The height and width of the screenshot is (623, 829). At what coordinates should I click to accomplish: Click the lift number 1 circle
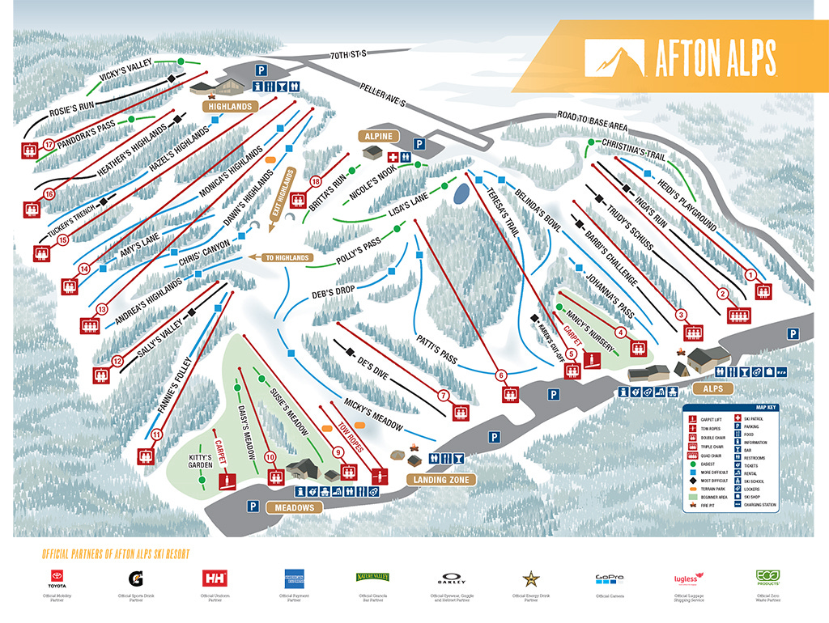pos(750,275)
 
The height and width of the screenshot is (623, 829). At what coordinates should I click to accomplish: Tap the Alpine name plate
pos(378,136)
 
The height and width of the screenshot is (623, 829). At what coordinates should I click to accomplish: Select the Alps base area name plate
pos(712,388)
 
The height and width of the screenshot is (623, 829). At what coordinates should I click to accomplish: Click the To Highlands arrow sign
pos(280,257)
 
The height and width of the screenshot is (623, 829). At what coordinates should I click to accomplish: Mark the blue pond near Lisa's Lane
pos(461,193)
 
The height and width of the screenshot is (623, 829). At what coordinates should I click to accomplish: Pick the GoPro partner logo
pos(609,578)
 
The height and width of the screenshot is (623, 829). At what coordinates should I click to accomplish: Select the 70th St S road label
pos(349,55)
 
